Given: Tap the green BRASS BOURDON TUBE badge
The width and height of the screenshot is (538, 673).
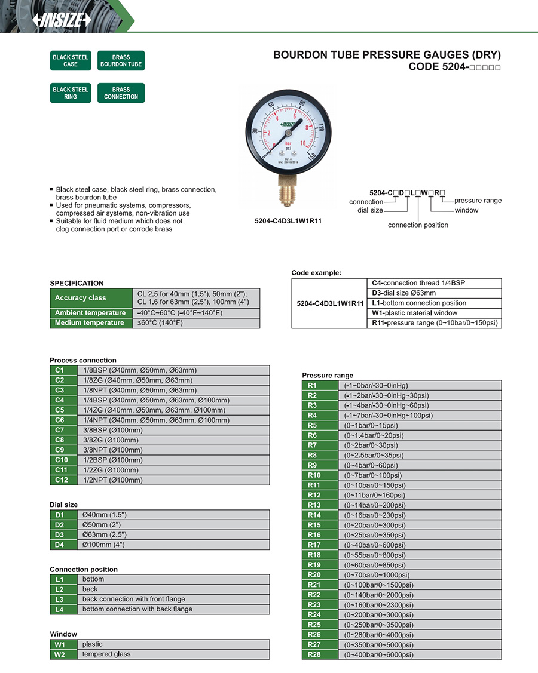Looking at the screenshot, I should [121, 61].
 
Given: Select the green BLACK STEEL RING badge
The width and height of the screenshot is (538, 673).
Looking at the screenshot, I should [71, 93].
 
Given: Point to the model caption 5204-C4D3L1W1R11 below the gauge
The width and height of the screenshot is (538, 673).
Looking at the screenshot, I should [288, 220].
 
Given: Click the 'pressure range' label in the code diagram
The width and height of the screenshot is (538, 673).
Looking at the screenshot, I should [478, 201].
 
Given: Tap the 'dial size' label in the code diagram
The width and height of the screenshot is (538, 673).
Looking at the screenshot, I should [370, 210].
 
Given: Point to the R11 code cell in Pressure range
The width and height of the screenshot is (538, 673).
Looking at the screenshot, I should [314, 485].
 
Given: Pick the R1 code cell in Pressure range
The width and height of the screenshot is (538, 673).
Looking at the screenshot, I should [314, 386].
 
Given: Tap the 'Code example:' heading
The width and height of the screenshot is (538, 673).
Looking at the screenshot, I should [316, 273].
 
